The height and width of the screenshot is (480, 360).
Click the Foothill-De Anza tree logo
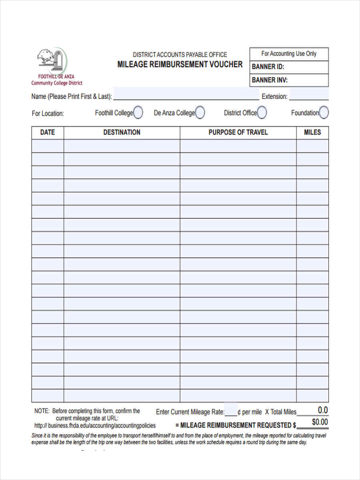click(x=52, y=60)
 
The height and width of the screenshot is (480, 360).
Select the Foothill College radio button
click(x=138, y=113)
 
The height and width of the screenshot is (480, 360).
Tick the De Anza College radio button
click(x=200, y=113)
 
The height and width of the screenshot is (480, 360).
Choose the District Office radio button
click(x=262, y=113)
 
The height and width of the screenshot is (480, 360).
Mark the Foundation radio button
click(x=324, y=113)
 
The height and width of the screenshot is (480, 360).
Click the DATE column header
click(x=48, y=132)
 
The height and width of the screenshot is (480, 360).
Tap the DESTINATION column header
click(x=122, y=132)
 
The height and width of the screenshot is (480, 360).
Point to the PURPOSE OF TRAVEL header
click(x=238, y=132)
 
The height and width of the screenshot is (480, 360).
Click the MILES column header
click(x=312, y=132)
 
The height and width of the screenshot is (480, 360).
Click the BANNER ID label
click(x=268, y=67)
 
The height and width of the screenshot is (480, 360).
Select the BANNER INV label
click(x=270, y=80)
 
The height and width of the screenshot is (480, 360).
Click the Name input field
click(x=186, y=94)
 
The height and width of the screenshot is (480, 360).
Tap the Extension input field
click(x=309, y=95)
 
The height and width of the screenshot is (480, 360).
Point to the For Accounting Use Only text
click(x=289, y=54)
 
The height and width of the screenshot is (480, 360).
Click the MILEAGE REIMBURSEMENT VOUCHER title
click(x=180, y=64)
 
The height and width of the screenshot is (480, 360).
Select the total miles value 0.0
click(x=322, y=410)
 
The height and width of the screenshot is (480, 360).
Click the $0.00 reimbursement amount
click(x=320, y=422)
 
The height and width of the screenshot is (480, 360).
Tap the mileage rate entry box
click(x=231, y=410)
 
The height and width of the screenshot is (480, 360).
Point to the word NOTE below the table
click(x=42, y=411)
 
